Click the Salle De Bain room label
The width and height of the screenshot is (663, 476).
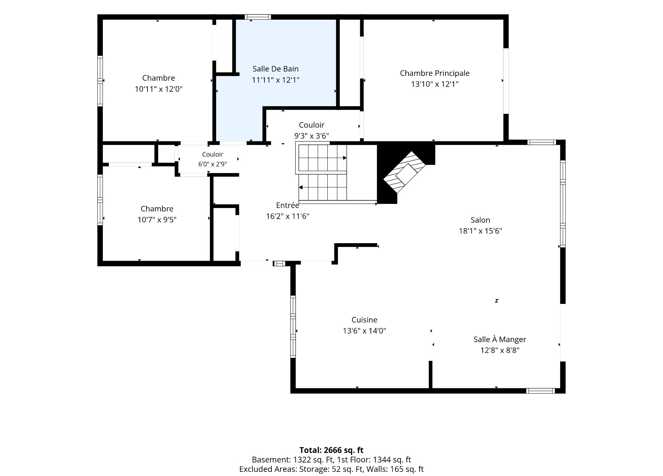(x=276, y=69)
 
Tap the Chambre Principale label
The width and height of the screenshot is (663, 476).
(x=435, y=73)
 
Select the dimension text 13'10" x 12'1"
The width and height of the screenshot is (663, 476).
(x=435, y=84)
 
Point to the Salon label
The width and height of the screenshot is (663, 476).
(x=480, y=220)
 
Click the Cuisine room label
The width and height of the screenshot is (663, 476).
(x=364, y=320)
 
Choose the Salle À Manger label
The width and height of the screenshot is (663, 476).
(x=500, y=339)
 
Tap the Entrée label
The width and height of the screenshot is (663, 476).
(x=288, y=205)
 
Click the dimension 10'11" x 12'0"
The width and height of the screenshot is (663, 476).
(x=158, y=89)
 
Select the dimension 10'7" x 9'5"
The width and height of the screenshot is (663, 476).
(x=157, y=220)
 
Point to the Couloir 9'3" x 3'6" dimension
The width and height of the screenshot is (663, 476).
(x=311, y=136)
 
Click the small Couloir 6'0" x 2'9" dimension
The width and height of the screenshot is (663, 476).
(x=213, y=164)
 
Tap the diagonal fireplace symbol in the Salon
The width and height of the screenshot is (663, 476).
(x=405, y=172)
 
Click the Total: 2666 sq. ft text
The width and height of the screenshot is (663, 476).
(x=331, y=450)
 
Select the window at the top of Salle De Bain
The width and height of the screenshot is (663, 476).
(x=258, y=17)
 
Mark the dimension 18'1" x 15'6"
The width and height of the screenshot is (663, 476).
(x=480, y=231)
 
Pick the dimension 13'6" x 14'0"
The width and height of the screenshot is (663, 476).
(x=364, y=331)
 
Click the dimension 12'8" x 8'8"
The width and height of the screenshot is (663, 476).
(x=500, y=350)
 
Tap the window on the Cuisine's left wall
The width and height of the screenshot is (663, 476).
(x=293, y=326)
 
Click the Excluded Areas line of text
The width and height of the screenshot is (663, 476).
(x=331, y=469)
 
